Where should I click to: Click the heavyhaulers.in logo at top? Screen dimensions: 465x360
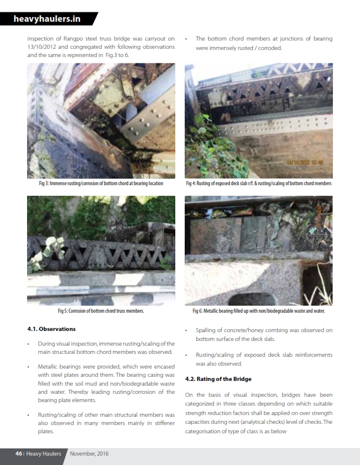point(47,19)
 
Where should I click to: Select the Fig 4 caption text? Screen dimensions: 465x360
point(258,183)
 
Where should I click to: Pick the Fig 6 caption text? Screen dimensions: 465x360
point(258,310)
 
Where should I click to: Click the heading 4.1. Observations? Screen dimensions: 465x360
point(51,329)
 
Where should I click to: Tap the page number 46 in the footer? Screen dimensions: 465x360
point(19,453)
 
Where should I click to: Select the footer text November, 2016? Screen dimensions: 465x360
point(89,453)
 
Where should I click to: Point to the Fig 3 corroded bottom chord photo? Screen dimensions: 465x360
point(101,121)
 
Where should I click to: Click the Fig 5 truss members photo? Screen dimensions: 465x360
point(101,250)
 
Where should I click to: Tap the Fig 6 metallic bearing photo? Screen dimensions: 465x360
point(258,250)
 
